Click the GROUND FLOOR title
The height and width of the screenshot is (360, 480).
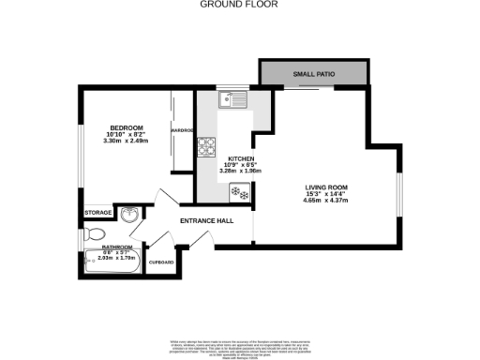click(x=239, y=5)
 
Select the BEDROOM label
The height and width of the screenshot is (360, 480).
click(x=126, y=127)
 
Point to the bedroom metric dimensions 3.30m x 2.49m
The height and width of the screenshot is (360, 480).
click(x=126, y=141)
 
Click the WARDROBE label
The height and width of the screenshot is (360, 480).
click(x=182, y=130)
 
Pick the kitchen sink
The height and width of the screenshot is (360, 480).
click(x=231, y=97)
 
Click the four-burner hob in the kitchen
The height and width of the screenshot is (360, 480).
click(x=205, y=146)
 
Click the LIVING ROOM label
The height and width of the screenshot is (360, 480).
click(x=325, y=187)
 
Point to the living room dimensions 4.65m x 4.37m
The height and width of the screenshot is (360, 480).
click(x=325, y=201)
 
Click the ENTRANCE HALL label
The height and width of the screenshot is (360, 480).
click(x=206, y=222)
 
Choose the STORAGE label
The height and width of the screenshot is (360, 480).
click(x=97, y=213)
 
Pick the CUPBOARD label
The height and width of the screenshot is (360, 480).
click(x=162, y=262)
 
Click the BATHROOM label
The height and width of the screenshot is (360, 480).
click(x=118, y=247)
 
